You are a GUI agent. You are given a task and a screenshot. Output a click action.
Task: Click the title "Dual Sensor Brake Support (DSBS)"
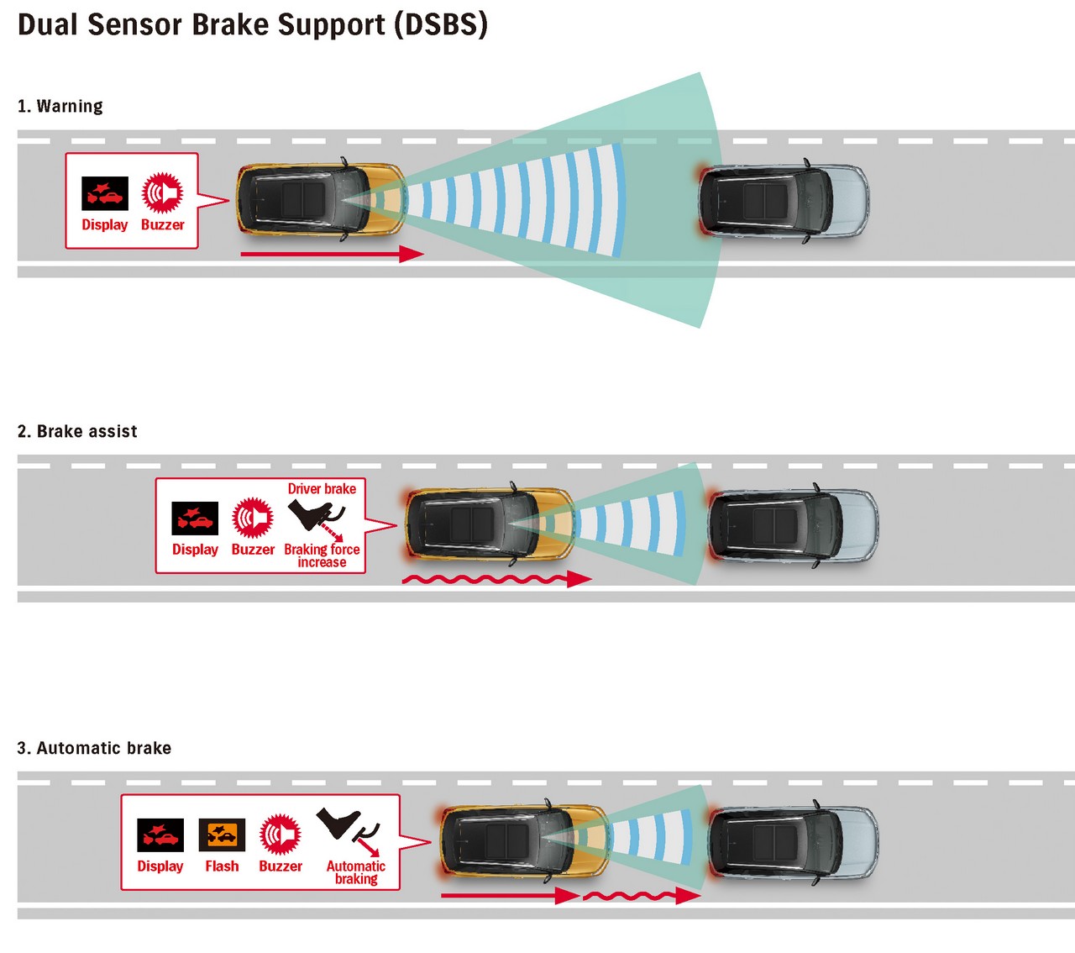click(253, 25)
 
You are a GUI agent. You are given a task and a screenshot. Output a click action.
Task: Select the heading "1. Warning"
click(60, 106)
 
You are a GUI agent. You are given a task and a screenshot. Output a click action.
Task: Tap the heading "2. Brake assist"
click(77, 431)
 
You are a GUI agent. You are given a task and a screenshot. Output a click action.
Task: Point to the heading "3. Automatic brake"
click(94, 748)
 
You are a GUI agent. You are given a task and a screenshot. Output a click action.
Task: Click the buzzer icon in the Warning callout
click(162, 192)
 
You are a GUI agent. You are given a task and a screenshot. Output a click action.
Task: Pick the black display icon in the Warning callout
click(104, 193)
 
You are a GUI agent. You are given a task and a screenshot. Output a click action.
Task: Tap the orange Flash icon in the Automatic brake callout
click(222, 835)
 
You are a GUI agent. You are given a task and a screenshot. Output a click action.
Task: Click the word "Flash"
click(222, 866)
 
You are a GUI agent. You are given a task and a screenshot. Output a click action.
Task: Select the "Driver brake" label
click(322, 488)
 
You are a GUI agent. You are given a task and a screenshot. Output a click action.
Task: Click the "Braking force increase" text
click(322, 555)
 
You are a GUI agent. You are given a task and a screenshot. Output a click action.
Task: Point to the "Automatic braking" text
click(355, 872)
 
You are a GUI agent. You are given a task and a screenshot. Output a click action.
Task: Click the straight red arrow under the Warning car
click(332, 255)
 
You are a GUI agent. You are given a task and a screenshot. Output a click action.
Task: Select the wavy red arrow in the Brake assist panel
click(496, 579)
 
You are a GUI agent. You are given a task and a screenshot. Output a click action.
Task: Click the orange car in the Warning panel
click(321, 199)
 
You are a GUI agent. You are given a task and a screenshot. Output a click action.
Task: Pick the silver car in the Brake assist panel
click(793, 525)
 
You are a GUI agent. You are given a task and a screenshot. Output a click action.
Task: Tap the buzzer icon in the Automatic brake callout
click(281, 835)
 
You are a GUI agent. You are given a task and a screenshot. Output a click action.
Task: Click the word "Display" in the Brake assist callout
click(195, 550)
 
